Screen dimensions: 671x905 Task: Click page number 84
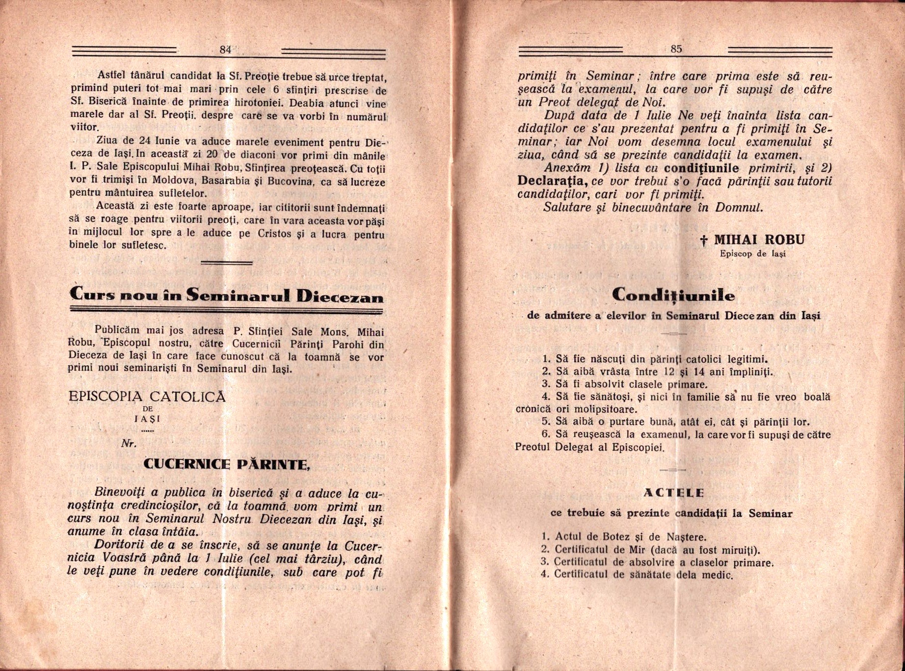pyautogui.click(x=226, y=49)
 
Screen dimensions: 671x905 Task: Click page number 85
pyautogui.click(x=676, y=49)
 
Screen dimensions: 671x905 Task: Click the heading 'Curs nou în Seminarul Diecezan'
pyautogui.click(x=227, y=295)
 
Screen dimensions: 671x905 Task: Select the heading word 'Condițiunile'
pyautogui.click(x=674, y=295)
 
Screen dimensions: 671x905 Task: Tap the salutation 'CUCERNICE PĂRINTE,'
pyautogui.click(x=226, y=464)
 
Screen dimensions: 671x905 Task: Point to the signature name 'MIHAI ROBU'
pyautogui.click(x=759, y=240)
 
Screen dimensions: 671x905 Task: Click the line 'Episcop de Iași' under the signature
pyautogui.click(x=752, y=254)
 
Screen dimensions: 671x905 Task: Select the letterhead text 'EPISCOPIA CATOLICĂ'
pyautogui.click(x=147, y=397)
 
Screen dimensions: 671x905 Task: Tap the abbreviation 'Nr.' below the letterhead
pyautogui.click(x=129, y=444)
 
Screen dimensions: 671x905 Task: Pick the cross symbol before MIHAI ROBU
pyautogui.click(x=703, y=241)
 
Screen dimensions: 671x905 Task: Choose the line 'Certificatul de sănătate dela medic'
pyautogui.click(x=643, y=575)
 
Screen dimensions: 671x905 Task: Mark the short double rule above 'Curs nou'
pyautogui.click(x=227, y=263)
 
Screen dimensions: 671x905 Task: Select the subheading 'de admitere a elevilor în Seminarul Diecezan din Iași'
pyautogui.click(x=673, y=316)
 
